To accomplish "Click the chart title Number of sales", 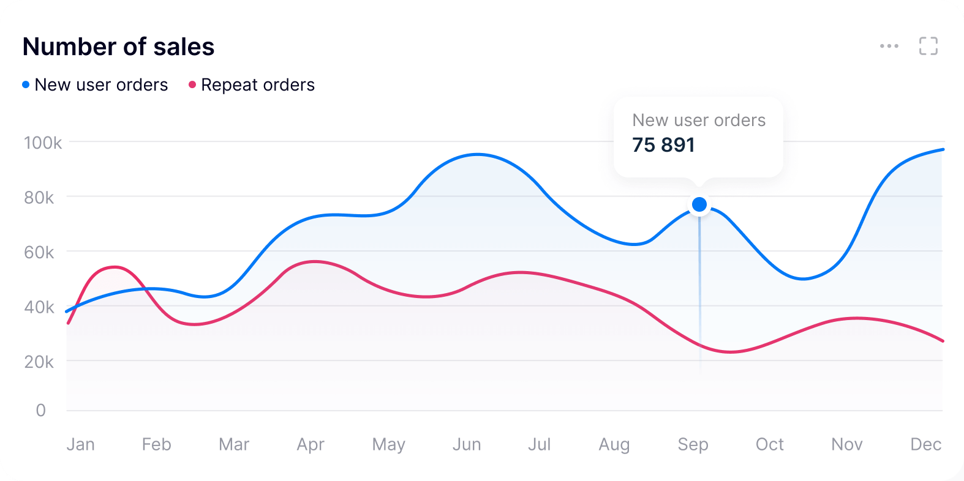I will tap(118, 47).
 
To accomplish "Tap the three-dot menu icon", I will tap(889, 46).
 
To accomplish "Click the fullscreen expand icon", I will tap(928, 46).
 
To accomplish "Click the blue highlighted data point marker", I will tap(699, 204).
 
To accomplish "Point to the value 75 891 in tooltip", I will tap(663, 145).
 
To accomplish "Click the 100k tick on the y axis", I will tap(43, 143).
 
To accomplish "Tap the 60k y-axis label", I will tap(39, 252).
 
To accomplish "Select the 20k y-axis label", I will tap(39, 362).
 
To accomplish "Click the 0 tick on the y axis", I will tap(41, 410).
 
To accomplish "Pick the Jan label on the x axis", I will tap(80, 444).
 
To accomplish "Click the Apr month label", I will tap(311, 444).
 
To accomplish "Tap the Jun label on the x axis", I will tap(467, 444).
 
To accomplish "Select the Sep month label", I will tap(693, 444).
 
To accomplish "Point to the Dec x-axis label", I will tap(925, 444).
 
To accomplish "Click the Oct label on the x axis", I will tap(769, 444).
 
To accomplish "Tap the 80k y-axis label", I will tap(39, 198).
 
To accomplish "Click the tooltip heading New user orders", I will tap(699, 120).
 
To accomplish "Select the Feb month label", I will tap(156, 444).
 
